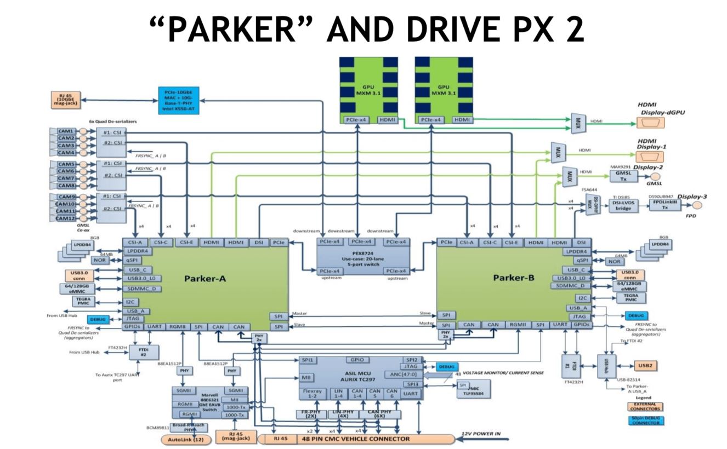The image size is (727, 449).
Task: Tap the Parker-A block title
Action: coord(205,279)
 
